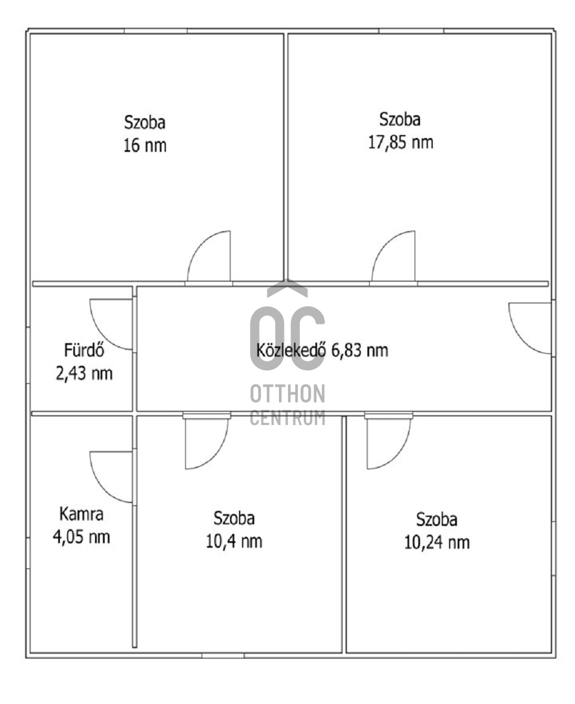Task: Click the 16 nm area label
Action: (x=145, y=146)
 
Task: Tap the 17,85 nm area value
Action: (x=401, y=143)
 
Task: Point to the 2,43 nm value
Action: (x=84, y=373)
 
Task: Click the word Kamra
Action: (x=82, y=515)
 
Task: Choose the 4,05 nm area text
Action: (x=82, y=537)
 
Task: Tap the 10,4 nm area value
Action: (x=234, y=541)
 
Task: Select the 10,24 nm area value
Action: (x=436, y=542)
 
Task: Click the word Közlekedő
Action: (x=292, y=350)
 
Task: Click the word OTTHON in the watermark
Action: (x=287, y=394)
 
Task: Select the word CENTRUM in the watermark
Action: (x=287, y=418)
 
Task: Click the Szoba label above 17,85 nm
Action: (x=400, y=119)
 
